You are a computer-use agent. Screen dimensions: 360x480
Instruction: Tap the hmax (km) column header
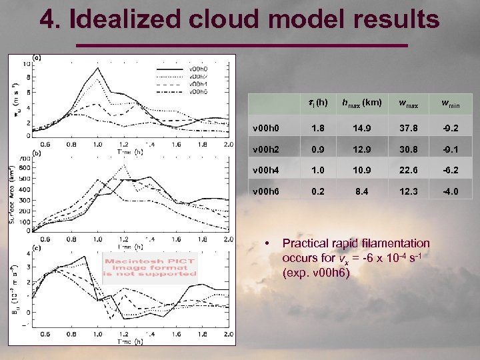pyautogui.click(x=361, y=103)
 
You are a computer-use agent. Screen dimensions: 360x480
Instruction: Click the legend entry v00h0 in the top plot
pyautogui.click(x=198, y=69)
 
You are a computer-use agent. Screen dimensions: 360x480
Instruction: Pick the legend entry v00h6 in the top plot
pyautogui.click(x=198, y=91)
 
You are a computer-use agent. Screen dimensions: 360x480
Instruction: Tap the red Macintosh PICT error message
pyautogui.click(x=151, y=267)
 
